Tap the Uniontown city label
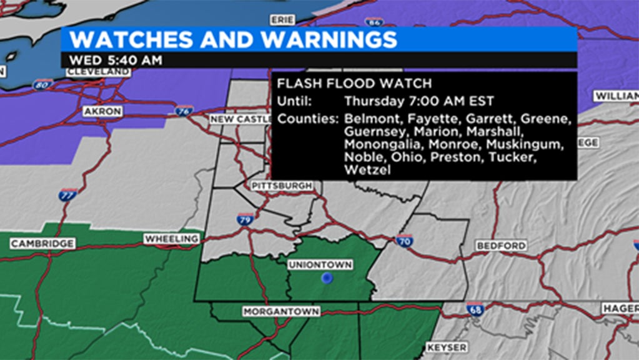pos(320,265)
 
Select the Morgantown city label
pos(281,311)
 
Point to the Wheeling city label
pos(171,239)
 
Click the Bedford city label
pos(501,246)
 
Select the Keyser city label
pos(447,347)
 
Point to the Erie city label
pos(282,20)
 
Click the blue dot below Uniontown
pos(326,279)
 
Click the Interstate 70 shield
pos(405,241)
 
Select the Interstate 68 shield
pos(475,308)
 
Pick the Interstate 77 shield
pos(69,195)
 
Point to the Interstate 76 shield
pos(183,111)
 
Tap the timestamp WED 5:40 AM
pos(116,61)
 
